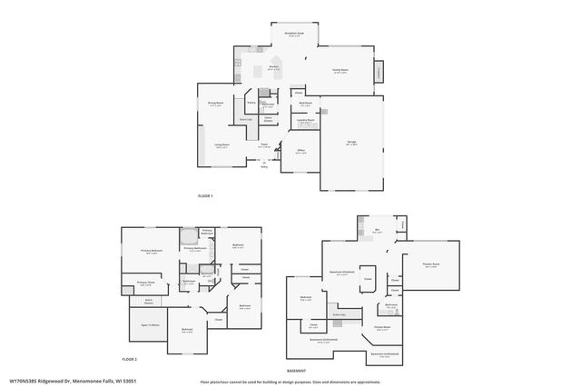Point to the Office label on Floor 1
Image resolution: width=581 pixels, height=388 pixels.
click(300, 152)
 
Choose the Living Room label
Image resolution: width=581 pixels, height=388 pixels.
click(222, 145)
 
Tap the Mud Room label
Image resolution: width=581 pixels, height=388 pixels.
click(305, 104)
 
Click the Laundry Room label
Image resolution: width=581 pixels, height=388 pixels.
click(305, 119)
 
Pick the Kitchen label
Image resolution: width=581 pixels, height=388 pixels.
click(272, 67)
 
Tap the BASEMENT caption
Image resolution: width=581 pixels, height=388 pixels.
click(296, 371)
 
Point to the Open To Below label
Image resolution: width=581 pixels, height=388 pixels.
click(150, 323)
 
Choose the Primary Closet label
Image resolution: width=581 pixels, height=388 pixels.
click(146, 284)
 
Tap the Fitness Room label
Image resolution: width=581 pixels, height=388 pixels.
click(382, 326)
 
